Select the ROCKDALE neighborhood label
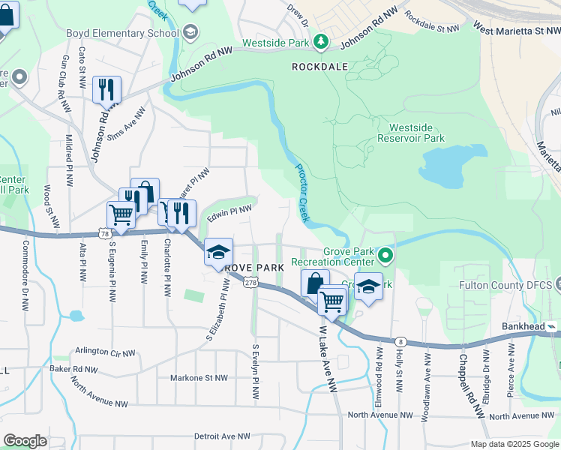320,67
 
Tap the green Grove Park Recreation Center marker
386,256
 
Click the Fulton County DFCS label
509,285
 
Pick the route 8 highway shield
402,341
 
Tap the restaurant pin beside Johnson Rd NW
106,89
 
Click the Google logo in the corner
25,440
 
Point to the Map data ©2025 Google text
514,444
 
